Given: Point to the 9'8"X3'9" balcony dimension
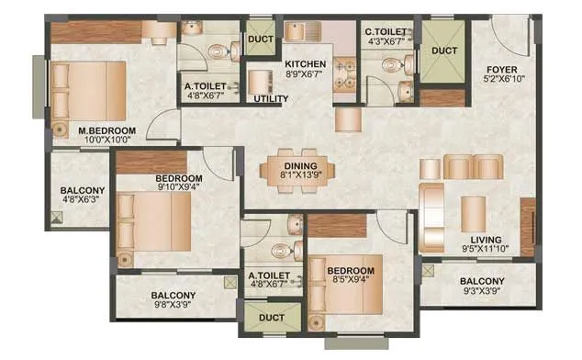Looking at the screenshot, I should (173, 309).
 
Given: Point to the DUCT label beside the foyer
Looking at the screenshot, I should (444, 51).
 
